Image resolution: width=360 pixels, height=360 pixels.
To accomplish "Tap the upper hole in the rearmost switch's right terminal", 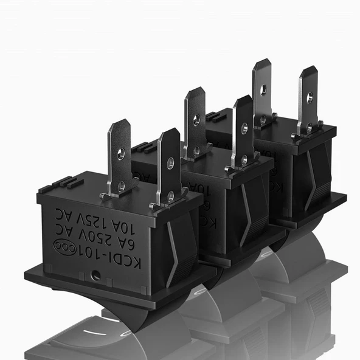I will (309, 96).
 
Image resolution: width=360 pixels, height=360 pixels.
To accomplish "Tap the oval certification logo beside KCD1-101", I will (63, 246).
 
